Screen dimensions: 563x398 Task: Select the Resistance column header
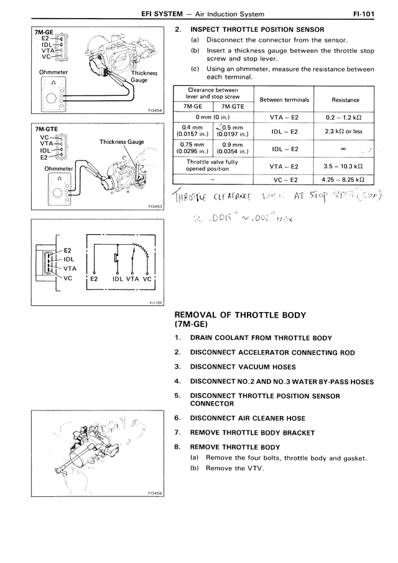click(345, 100)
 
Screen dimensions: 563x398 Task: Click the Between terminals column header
click(284, 100)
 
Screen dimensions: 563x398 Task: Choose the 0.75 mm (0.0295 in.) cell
click(193, 149)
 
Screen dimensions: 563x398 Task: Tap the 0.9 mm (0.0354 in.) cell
click(232, 149)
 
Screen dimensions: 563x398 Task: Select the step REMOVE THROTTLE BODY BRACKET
click(252, 433)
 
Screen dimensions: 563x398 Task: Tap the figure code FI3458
click(155, 493)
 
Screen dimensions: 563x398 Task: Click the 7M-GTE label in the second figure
click(44, 130)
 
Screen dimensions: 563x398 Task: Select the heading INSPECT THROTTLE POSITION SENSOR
click(257, 29)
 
